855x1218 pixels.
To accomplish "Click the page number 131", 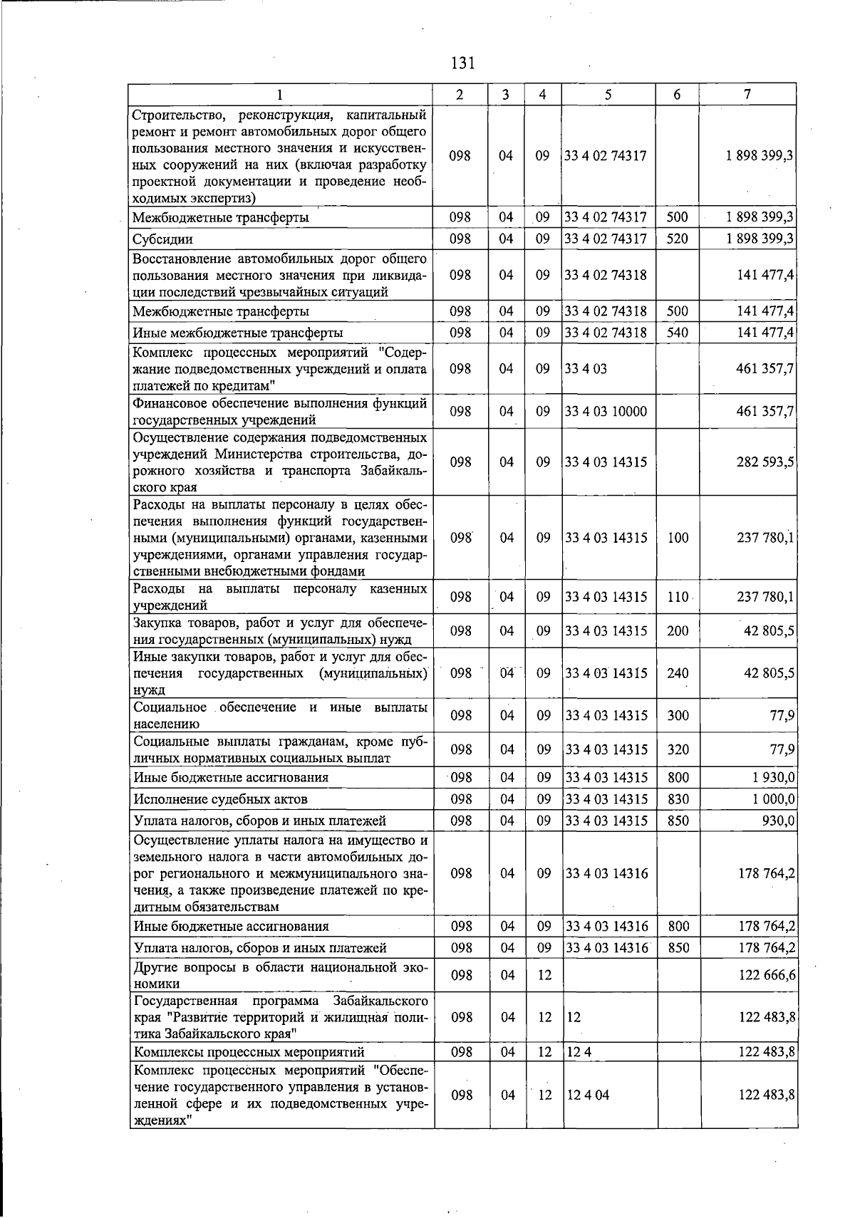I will point(462,63).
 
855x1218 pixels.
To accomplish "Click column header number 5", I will point(608,94).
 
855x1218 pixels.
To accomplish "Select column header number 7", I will point(747,94).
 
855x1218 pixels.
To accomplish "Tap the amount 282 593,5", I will point(765,462).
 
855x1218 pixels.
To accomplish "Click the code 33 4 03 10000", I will point(606,412).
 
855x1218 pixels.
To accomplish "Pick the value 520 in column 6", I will point(678,239).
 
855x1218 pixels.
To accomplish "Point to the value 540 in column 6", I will point(678,333).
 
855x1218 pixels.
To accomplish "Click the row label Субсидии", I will point(163,239).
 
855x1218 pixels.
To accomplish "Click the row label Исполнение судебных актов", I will point(221,799).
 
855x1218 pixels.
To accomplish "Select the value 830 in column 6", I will point(678,799).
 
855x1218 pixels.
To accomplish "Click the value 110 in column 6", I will point(678,597).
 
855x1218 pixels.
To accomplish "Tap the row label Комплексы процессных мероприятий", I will point(249,1052).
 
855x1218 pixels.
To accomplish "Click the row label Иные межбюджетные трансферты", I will point(238,333).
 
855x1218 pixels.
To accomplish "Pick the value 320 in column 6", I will point(678,749).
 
